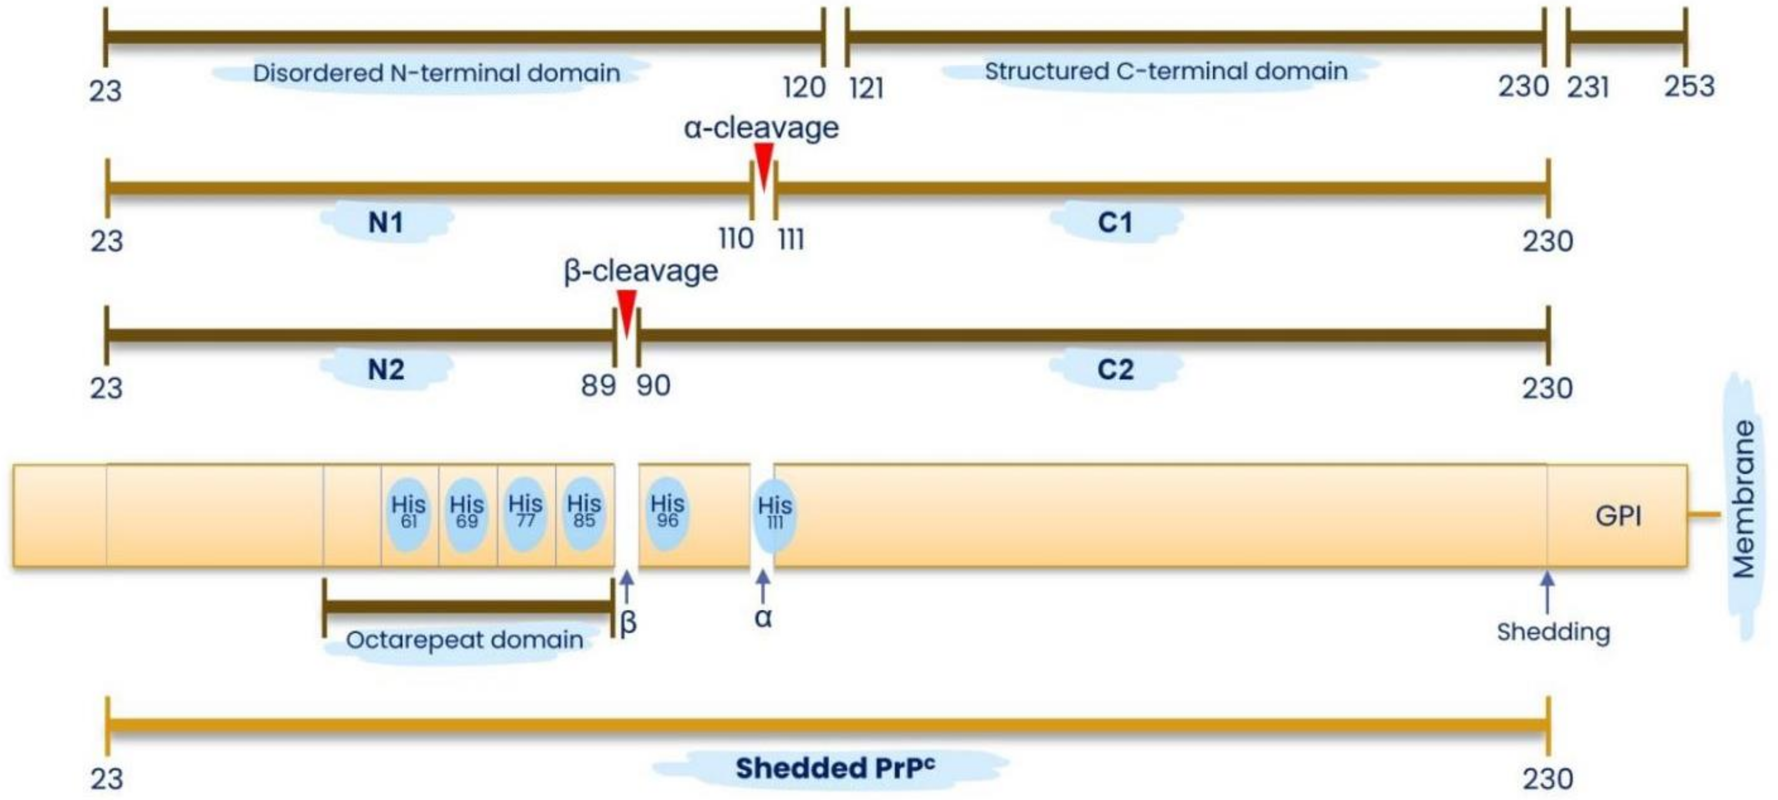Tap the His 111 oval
(775, 514)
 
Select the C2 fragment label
(1115, 370)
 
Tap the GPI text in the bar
(1618, 516)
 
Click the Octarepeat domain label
(464, 640)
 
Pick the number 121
(866, 88)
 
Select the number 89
(598, 386)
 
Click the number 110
(736, 239)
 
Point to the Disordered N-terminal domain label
(436, 73)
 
